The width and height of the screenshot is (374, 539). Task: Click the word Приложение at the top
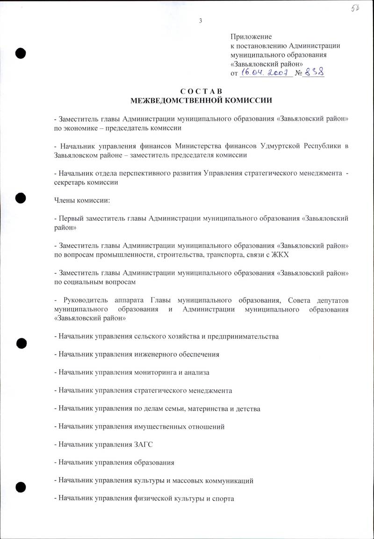pyautogui.click(x=251, y=36)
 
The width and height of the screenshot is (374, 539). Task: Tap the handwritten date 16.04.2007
pyautogui.click(x=265, y=73)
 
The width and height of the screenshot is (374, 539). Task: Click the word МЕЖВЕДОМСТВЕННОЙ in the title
pyautogui.click(x=180, y=100)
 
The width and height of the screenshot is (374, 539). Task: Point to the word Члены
pyautogui.click(x=65, y=200)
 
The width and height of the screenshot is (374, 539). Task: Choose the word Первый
pyautogui.click(x=71, y=218)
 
